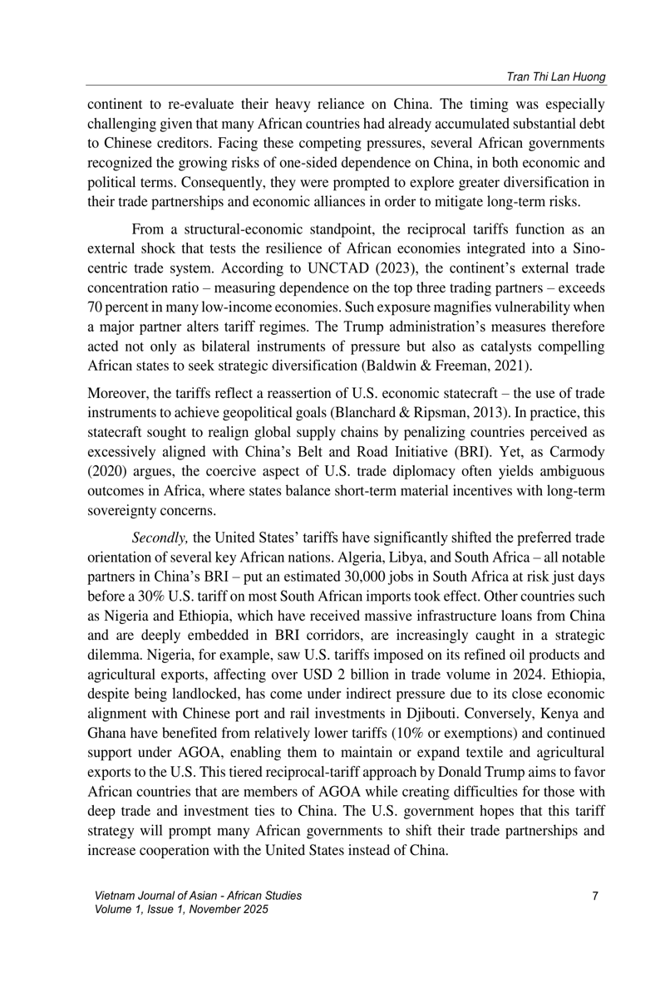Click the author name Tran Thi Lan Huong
550,77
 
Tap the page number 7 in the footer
595,896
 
